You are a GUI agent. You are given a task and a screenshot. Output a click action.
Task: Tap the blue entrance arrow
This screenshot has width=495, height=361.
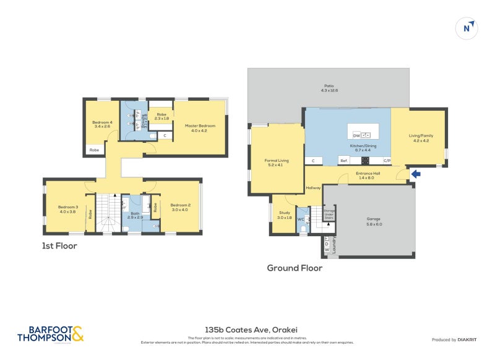pos(416,174)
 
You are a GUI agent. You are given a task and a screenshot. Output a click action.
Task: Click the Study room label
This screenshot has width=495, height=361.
pos(284,215)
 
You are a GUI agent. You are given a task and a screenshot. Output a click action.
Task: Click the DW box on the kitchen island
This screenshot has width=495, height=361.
pos(356,135)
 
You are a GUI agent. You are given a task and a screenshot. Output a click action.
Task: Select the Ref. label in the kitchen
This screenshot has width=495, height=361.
pos(344,161)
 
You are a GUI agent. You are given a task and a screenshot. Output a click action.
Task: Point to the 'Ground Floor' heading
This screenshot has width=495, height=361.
pos(294,268)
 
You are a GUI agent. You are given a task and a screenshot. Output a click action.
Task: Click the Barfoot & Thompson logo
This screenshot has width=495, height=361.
pos(49,334)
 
